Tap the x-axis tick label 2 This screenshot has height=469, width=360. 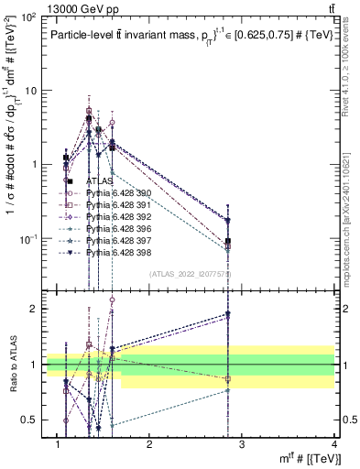pyautogui.click(x=150, y=444)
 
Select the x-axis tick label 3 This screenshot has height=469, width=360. pyautogui.click(x=243, y=444)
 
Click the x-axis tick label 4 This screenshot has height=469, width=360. pyautogui.click(x=334, y=444)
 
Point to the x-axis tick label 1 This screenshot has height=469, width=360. pyautogui.click(x=58, y=444)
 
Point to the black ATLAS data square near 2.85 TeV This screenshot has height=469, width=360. pyautogui.click(x=228, y=242)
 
